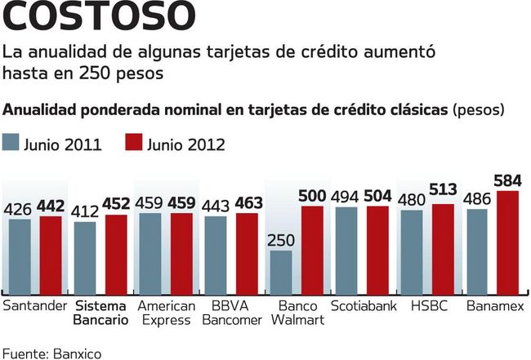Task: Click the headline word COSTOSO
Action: [x=100, y=18]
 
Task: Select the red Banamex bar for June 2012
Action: [x=507, y=242]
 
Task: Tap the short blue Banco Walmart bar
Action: [x=281, y=272]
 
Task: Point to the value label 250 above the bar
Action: [x=281, y=240]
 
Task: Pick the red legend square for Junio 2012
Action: [x=134, y=144]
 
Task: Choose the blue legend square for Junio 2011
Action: [x=11, y=144]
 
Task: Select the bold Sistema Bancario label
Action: [x=100, y=313]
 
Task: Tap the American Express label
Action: [x=166, y=313]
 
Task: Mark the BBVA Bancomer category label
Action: [x=231, y=313]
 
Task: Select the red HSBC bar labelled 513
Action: [x=443, y=249]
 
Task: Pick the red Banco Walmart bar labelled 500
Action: [x=312, y=250]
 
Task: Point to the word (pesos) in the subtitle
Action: [x=479, y=109]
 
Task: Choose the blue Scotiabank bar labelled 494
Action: [x=346, y=250]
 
